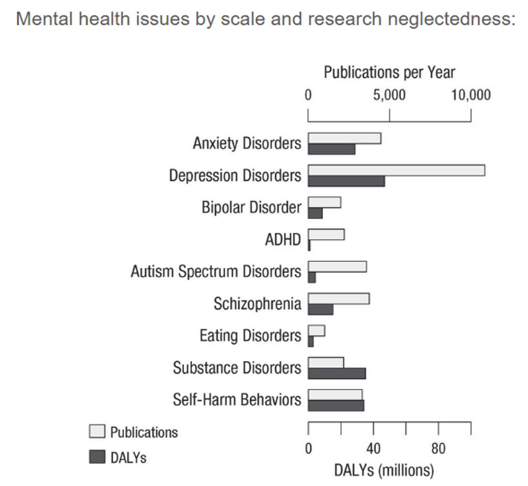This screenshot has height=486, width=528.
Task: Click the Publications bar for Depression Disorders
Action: click(x=396, y=170)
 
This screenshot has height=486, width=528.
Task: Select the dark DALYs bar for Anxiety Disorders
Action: click(x=331, y=149)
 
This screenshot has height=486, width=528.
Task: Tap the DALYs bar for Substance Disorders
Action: click(x=337, y=373)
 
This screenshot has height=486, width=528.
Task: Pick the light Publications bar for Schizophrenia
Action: click(x=339, y=299)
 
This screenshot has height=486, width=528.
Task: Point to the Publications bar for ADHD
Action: click(x=326, y=234)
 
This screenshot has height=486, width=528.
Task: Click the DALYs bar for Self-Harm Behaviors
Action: click(x=336, y=406)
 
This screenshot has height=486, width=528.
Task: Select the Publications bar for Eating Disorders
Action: click(x=316, y=330)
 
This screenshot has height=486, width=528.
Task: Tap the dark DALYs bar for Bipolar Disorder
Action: click(x=315, y=213)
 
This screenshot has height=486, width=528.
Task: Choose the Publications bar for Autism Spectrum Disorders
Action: click(x=337, y=267)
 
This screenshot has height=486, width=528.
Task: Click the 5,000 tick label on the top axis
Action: click(x=389, y=95)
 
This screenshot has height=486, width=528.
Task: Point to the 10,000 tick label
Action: click(x=471, y=95)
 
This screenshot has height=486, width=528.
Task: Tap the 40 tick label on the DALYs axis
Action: click(x=373, y=449)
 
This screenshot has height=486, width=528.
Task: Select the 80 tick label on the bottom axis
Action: click(x=438, y=449)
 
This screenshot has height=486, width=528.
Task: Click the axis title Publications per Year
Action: click(x=389, y=72)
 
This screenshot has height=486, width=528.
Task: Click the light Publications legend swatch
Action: click(x=97, y=432)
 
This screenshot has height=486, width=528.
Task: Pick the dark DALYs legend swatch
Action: click(x=97, y=457)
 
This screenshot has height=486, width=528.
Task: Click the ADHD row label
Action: click(x=283, y=239)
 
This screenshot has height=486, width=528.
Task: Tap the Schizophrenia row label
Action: click(x=257, y=303)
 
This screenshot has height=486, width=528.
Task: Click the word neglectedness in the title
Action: click(x=451, y=19)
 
